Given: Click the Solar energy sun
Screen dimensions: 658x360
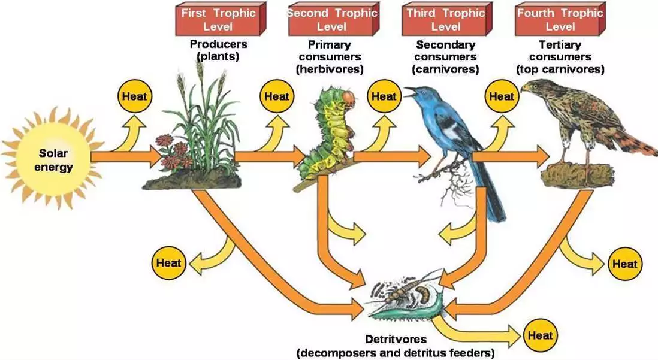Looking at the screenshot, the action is [x=53, y=159].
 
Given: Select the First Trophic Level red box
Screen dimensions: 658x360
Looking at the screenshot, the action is [x=221, y=19].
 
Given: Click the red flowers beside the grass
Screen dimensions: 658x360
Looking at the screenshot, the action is [x=173, y=150].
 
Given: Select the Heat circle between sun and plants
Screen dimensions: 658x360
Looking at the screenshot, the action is [x=134, y=96].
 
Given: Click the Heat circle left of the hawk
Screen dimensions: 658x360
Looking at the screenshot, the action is [x=502, y=96].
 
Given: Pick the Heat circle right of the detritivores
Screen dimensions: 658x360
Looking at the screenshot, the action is [x=540, y=335].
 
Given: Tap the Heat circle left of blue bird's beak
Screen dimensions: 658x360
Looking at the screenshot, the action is [x=384, y=96].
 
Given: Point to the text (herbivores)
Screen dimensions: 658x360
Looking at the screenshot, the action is [x=330, y=69].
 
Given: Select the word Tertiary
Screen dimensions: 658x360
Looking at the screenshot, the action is [x=560, y=44].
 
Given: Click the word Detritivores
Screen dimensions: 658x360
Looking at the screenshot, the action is [x=396, y=339].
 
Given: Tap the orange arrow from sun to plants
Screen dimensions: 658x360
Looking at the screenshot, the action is [x=126, y=157].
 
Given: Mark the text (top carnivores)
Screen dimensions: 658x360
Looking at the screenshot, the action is [x=561, y=69].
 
